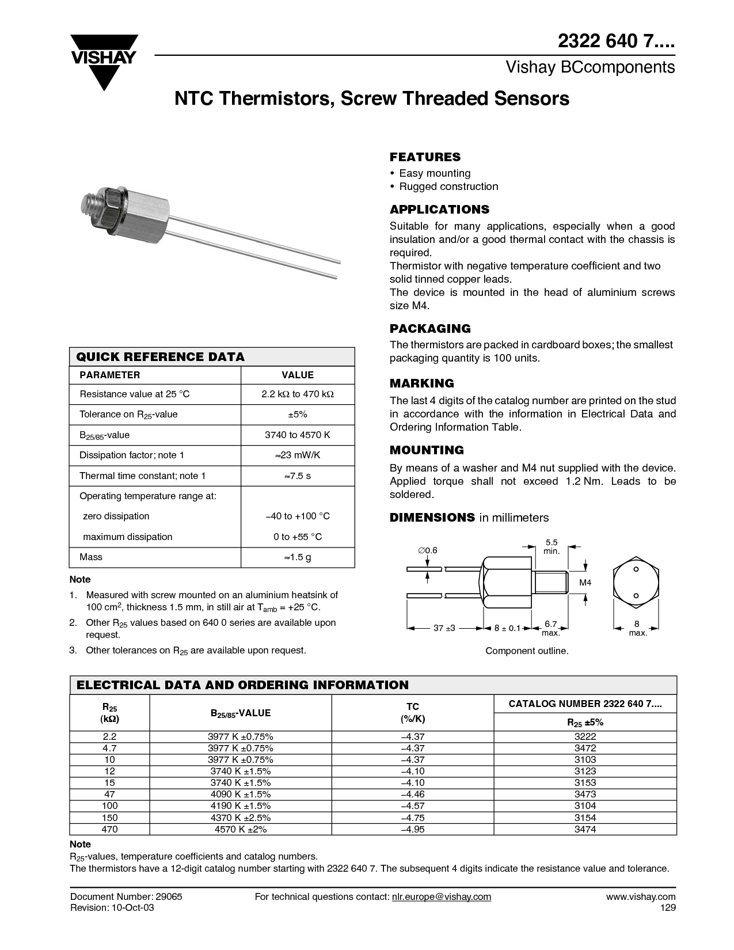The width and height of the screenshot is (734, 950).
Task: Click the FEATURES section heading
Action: pyautogui.click(x=425, y=157)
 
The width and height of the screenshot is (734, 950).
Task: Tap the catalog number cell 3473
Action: pyautogui.click(x=585, y=794)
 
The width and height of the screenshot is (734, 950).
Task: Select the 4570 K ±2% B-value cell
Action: pyautogui.click(x=240, y=829)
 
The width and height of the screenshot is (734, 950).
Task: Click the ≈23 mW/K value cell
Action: pyautogui.click(x=298, y=455)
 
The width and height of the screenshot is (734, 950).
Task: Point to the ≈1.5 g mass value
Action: pyautogui.click(x=298, y=557)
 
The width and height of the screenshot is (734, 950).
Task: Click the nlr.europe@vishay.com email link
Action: pyautogui.click(x=441, y=896)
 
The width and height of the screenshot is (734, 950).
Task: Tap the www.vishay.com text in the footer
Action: pyautogui.click(x=641, y=896)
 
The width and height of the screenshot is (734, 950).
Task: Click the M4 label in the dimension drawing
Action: pyautogui.click(x=585, y=583)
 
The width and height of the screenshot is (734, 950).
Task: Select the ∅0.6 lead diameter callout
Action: pyautogui.click(x=427, y=550)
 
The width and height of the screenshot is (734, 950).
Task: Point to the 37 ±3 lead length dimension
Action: pyautogui.click(x=444, y=628)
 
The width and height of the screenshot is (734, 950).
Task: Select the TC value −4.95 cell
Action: pyautogui.click(x=412, y=829)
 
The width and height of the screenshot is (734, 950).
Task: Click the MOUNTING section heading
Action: pyautogui.click(x=427, y=450)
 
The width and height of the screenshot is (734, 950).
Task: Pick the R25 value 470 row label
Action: pyautogui.click(x=109, y=829)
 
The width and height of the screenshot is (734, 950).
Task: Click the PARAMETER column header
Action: pyautogui.click(x=109, y=375)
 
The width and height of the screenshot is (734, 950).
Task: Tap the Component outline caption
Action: pyautogui.click(x=527, y=651)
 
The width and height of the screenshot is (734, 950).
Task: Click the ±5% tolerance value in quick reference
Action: pyautogui.click(x=298, y=415)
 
